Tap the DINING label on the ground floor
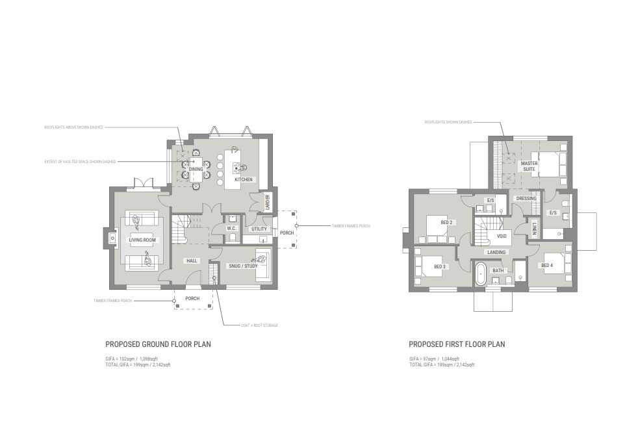point(196,170)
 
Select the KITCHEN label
point(243,179)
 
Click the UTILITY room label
point(259,229)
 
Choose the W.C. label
point(231,229)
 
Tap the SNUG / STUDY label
point(243,266)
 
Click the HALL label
point(192,260)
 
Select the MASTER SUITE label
point(530,167)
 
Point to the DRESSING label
point(526,198)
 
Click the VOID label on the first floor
point(501,237)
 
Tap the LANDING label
point(496,252)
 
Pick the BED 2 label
point(446,222)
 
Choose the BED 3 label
point(439,266)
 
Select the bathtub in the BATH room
point(481,273)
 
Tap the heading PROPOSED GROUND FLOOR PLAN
point(158,344)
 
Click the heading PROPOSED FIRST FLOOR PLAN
point(457,344)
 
